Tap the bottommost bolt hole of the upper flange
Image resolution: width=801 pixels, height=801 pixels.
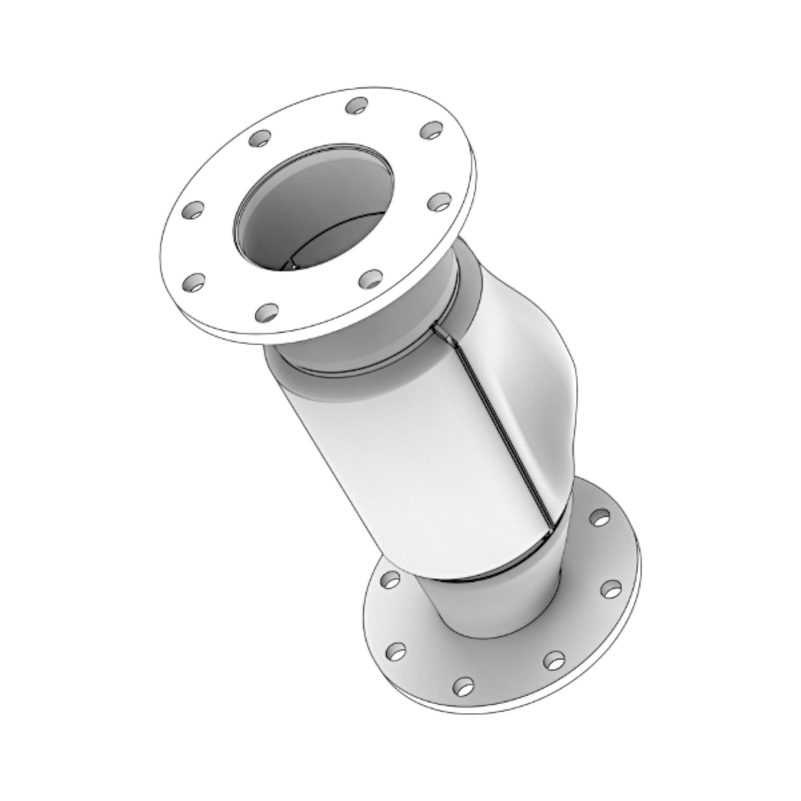tap(267, 312)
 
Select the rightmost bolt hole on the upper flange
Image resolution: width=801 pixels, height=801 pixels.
tap(440, 202)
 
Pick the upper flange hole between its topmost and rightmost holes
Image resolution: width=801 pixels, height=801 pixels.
tap(431, 131)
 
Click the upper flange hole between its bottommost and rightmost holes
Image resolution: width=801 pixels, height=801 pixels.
tap(370, 278)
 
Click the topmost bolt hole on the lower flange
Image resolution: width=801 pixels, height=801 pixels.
tap(599, 518)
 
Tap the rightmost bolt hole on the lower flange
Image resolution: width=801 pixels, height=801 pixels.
tap(611, 589)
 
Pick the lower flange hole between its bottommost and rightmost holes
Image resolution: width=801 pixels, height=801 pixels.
tap(553, 660)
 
